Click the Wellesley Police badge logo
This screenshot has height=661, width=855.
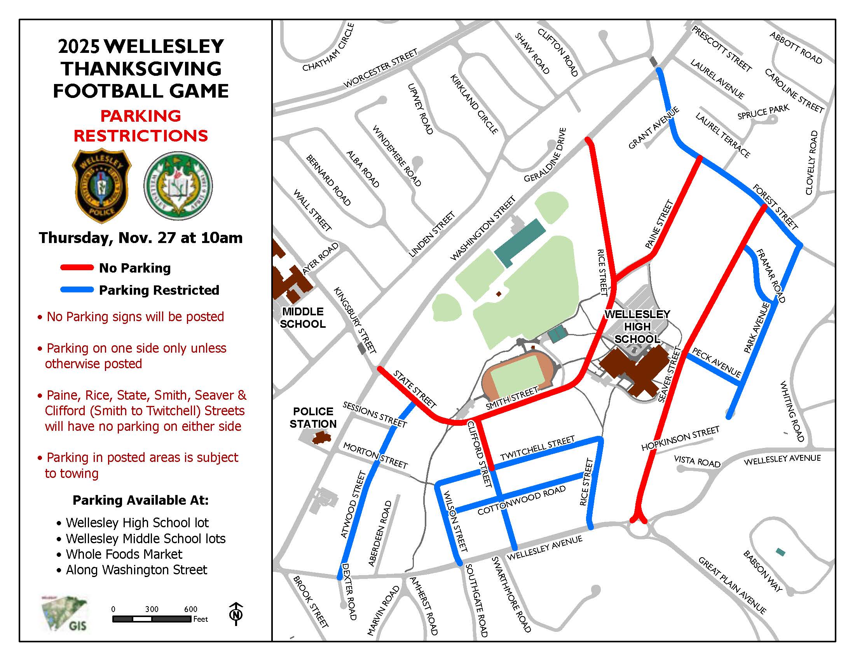[x=102, y=185]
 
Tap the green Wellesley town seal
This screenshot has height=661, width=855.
[x=178, y=185]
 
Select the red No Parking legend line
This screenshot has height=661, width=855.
[x=77, y=268]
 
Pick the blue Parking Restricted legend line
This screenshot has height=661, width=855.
[x=77, y=290]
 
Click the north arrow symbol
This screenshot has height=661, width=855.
[x=236, y=614]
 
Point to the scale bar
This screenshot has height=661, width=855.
[x=152, y=619]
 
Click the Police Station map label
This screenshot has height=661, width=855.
[x=313, y=418]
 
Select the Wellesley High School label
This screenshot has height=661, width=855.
[x=637, y=327]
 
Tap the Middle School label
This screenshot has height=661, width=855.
[x=303, y=318]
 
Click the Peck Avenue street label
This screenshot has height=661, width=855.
[x=716, y=363]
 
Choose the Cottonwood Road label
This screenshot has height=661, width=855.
[x=522, y=500]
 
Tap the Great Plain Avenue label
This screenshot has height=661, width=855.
[x=732, y=585]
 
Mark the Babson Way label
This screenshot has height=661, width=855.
[x=763, y=571]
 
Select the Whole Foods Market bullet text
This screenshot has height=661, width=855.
[x=124, y=554]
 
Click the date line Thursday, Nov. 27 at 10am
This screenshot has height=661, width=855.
[x=141, y=238]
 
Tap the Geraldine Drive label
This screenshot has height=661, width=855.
[x=545, y=155]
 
